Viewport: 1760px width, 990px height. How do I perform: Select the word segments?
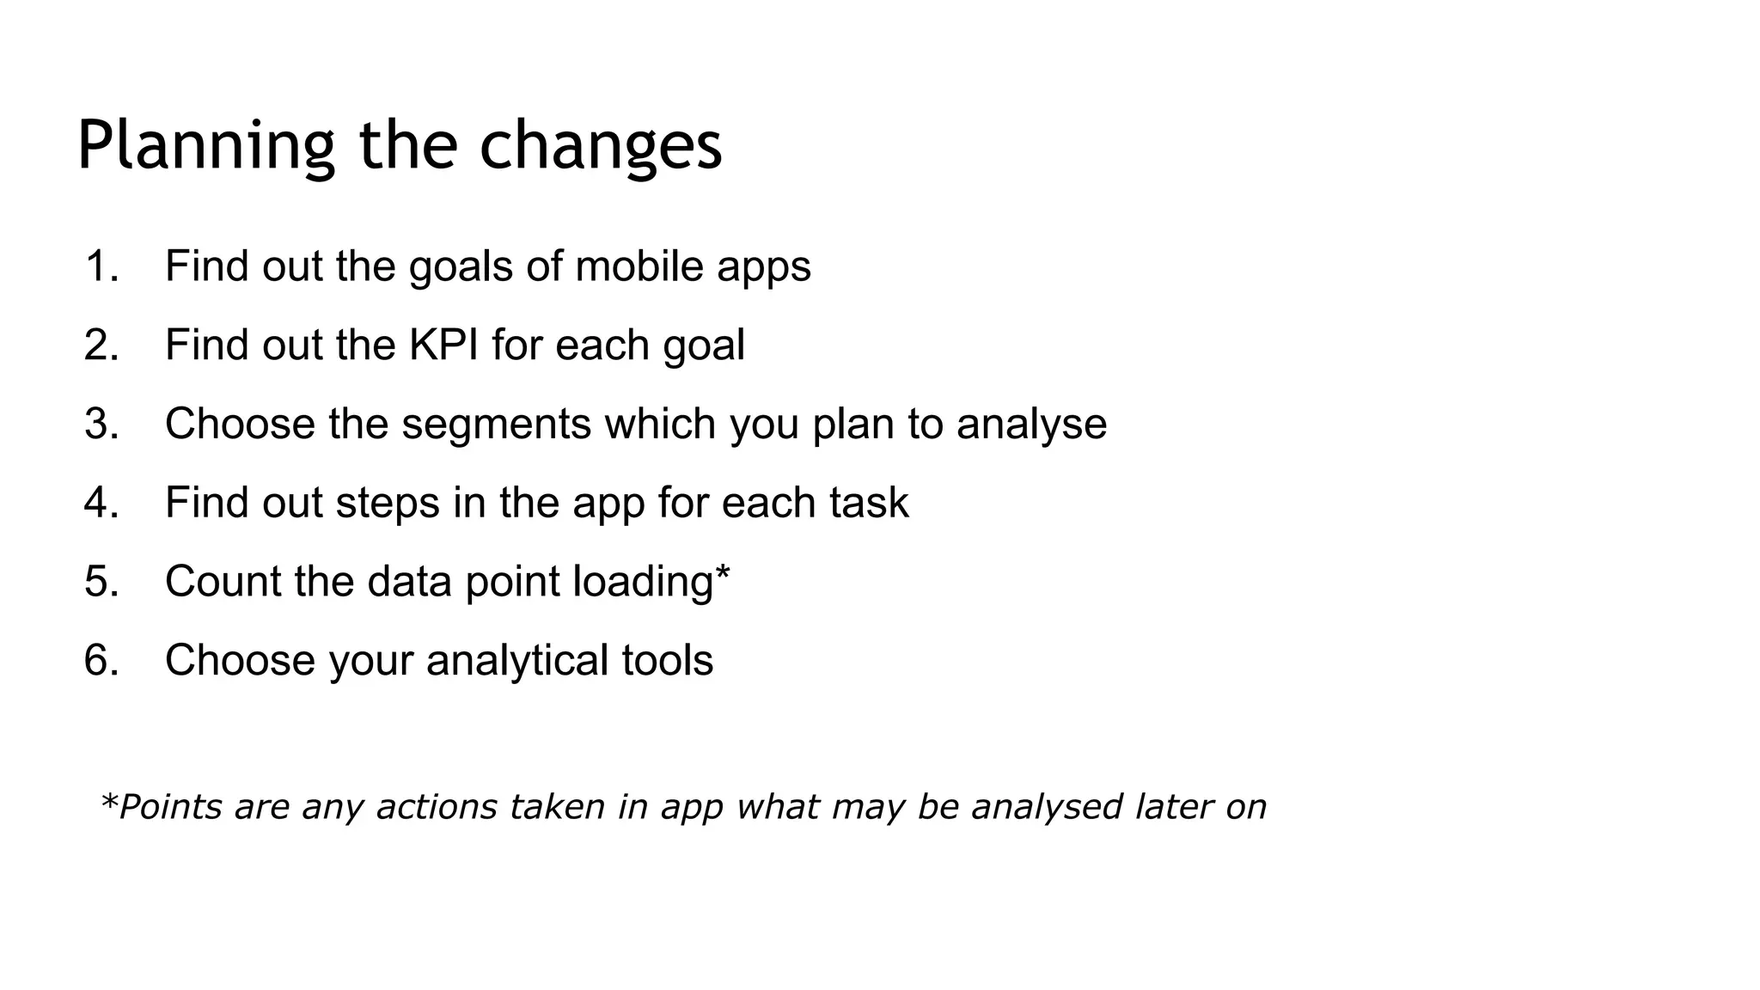click(496, 425)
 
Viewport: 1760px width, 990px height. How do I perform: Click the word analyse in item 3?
click(1031, 425)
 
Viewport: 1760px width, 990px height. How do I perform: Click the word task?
click(869, 503)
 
